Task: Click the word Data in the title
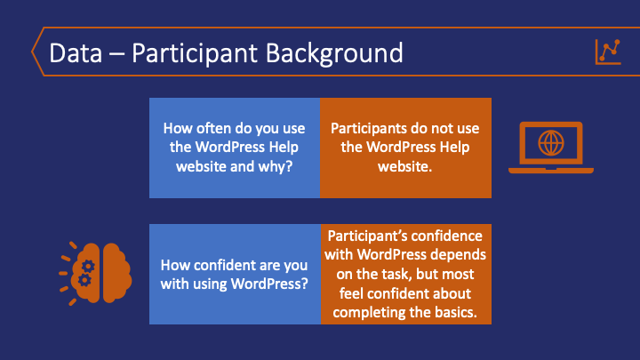coord(76,53)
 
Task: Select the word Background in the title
coord(334,54)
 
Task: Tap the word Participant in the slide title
coord(195,54)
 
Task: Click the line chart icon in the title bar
coord(608,52)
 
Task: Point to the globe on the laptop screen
coord(550,143)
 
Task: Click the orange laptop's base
coord(550,171)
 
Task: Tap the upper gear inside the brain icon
coord(88,267)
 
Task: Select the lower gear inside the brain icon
coord(84,280)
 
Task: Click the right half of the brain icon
coord(117,273)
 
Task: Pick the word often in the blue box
coord(212,128)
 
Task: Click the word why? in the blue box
coord(277,167)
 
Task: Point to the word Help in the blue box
coord(284,147)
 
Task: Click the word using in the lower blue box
coord(210,284)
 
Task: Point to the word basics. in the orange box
coord(455,312)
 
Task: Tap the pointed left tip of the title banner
coord(32,52)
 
